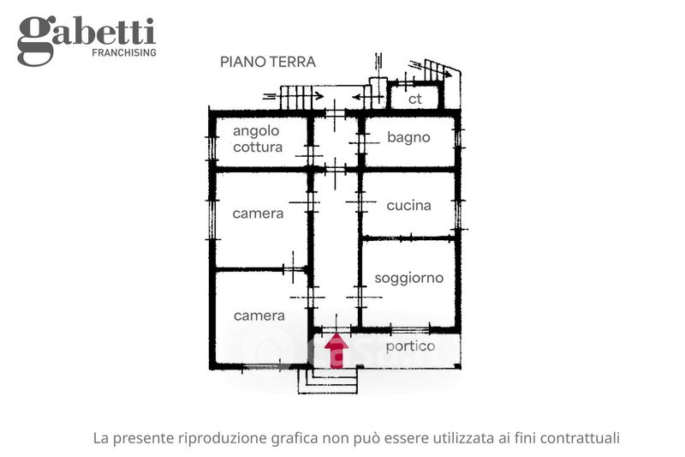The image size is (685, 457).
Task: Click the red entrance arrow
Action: coord(337,351)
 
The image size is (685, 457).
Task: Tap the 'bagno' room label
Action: coord(408,138)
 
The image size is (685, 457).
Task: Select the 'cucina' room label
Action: coord(409,205)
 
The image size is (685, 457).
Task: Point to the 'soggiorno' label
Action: coord(409,278)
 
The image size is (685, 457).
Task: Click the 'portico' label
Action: coord(410,346)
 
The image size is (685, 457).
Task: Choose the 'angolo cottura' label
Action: coord(258,139)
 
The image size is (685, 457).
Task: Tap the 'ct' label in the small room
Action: coord(414,99)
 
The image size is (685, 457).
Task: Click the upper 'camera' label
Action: coord(258,213)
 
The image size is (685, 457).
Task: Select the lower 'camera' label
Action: coord(259,316)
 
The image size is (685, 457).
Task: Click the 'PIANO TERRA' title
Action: coord(268,62)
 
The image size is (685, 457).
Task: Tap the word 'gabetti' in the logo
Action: coord(86,37)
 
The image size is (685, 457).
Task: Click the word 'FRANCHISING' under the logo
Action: coord(124,52)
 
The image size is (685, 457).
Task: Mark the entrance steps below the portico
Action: coord(328,381)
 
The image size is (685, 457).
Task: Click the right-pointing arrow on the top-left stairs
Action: coord(294,96)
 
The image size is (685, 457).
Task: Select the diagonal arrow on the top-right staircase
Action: coord(431,70)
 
